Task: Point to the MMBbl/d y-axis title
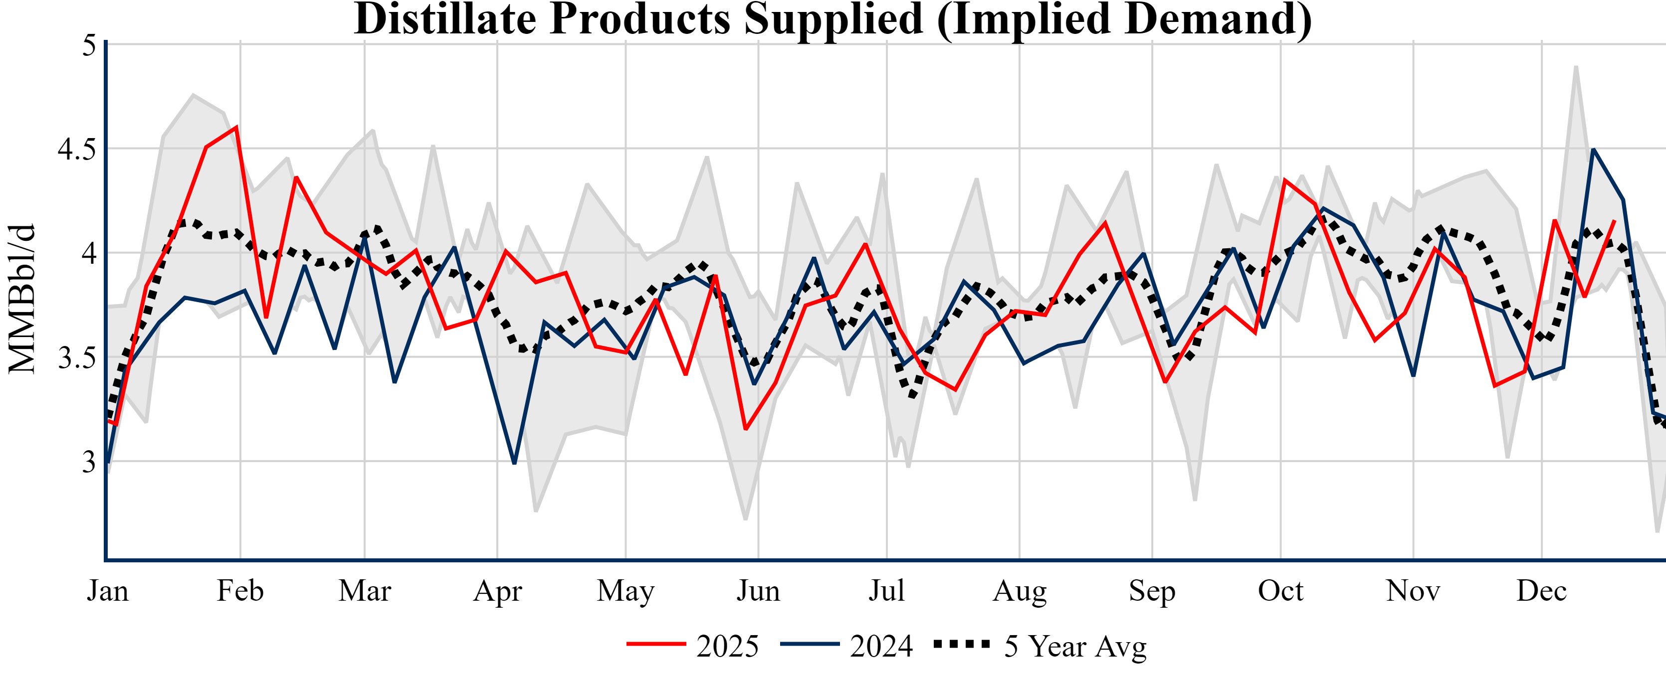(x=22, y=299)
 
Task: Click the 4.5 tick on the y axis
(x=76, y=149)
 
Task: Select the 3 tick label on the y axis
(x=89, y=462)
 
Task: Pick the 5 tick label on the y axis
(x=89, y=45)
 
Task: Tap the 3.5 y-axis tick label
(x=76, y=358)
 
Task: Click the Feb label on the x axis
(x=240, y=591)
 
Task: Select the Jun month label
(x=758, y=591)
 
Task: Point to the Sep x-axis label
(x=1152, y=591)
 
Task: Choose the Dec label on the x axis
(x=1542, y=591)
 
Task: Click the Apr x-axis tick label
(x=497, y=591)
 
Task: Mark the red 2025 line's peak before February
(x=237, y=127)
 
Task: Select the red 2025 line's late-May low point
(x=746, y=429)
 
